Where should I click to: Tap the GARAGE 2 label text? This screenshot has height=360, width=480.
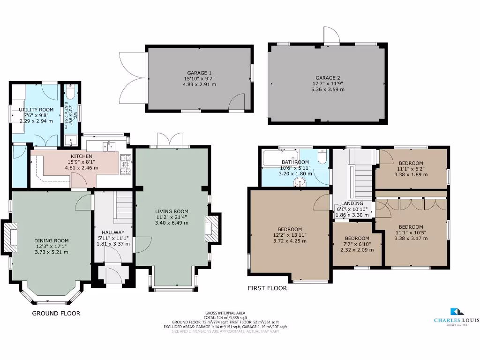tap(328, 78)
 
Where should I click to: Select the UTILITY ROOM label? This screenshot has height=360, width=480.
tap(36, 110)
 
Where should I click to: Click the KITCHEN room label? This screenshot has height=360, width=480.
tap(81, 156)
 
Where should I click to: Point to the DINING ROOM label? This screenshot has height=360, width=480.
tap(51, 240)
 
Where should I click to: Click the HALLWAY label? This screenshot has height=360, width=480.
tap(113, 232)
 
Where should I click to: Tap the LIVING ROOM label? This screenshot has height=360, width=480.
tap(172, 211)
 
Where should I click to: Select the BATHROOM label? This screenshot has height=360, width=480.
tap(295, 162)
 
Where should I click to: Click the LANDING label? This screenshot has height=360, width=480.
tap(352, 203)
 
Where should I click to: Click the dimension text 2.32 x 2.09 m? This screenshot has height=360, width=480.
tap(357, 250)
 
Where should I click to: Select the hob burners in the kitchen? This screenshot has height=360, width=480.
tap(126, 164)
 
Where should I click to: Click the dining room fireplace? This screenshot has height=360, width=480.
tap(10, 237)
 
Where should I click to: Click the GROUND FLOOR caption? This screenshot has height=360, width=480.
tap(56, 313)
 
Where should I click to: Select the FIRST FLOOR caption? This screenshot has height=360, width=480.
tap(267, 288)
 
